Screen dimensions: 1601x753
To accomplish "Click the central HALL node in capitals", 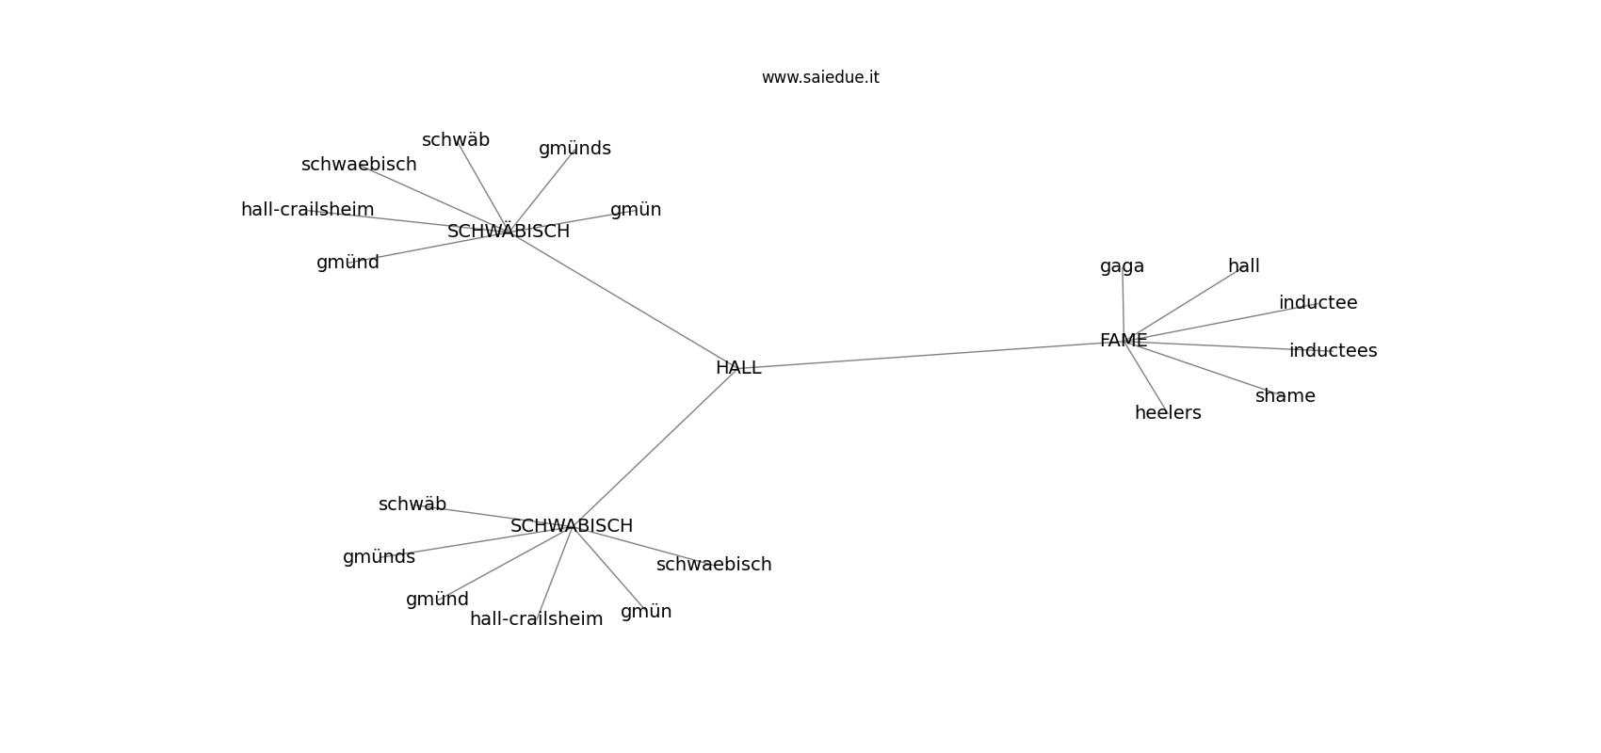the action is (x=738, y=368).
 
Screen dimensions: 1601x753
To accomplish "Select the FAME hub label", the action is (x=1124, y=341).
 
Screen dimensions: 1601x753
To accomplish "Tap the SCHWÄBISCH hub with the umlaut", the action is (x=509, y=231).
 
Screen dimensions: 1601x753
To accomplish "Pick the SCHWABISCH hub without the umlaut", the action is (x=572, y=526).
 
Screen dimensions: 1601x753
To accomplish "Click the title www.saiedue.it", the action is (x=820, y=77).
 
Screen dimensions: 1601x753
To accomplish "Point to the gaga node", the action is (x=1123, y=267).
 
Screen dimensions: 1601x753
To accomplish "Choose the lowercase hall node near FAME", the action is (x=1244, y=265).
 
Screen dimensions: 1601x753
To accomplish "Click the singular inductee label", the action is (x=1318, y=302).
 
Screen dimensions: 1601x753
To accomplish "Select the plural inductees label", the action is (x=1333, y=350).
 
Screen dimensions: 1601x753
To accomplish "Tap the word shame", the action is (x=1286, y=395).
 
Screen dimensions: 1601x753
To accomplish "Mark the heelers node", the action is (x=1168, y=413).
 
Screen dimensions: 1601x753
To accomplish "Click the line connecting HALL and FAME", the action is (x=930, y=354).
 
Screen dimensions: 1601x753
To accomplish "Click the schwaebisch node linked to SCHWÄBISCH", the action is (x=359, y=165).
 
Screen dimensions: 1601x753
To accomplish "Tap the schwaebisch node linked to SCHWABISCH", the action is (x=714, y=565).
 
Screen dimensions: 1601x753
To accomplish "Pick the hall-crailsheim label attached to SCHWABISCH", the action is (x=536, y=618).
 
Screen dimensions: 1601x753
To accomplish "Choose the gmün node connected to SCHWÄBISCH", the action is (x=636, y=210).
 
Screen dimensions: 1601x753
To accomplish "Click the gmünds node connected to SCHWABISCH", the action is (x=379, y=557).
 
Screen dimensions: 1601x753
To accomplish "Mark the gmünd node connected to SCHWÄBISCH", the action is (x=348, y=263).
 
